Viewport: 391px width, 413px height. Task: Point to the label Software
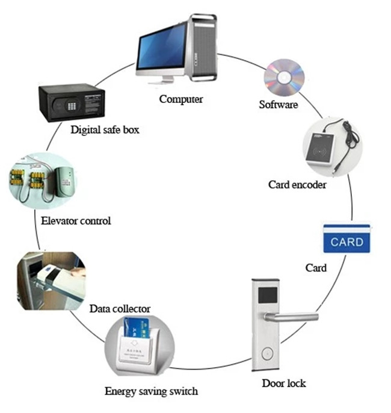(x=278, y=104)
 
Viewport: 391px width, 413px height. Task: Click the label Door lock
(x=283, y=383)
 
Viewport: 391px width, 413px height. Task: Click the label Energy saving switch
(x=151, y=391)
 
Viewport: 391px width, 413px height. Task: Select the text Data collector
(x=120, y=309)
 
